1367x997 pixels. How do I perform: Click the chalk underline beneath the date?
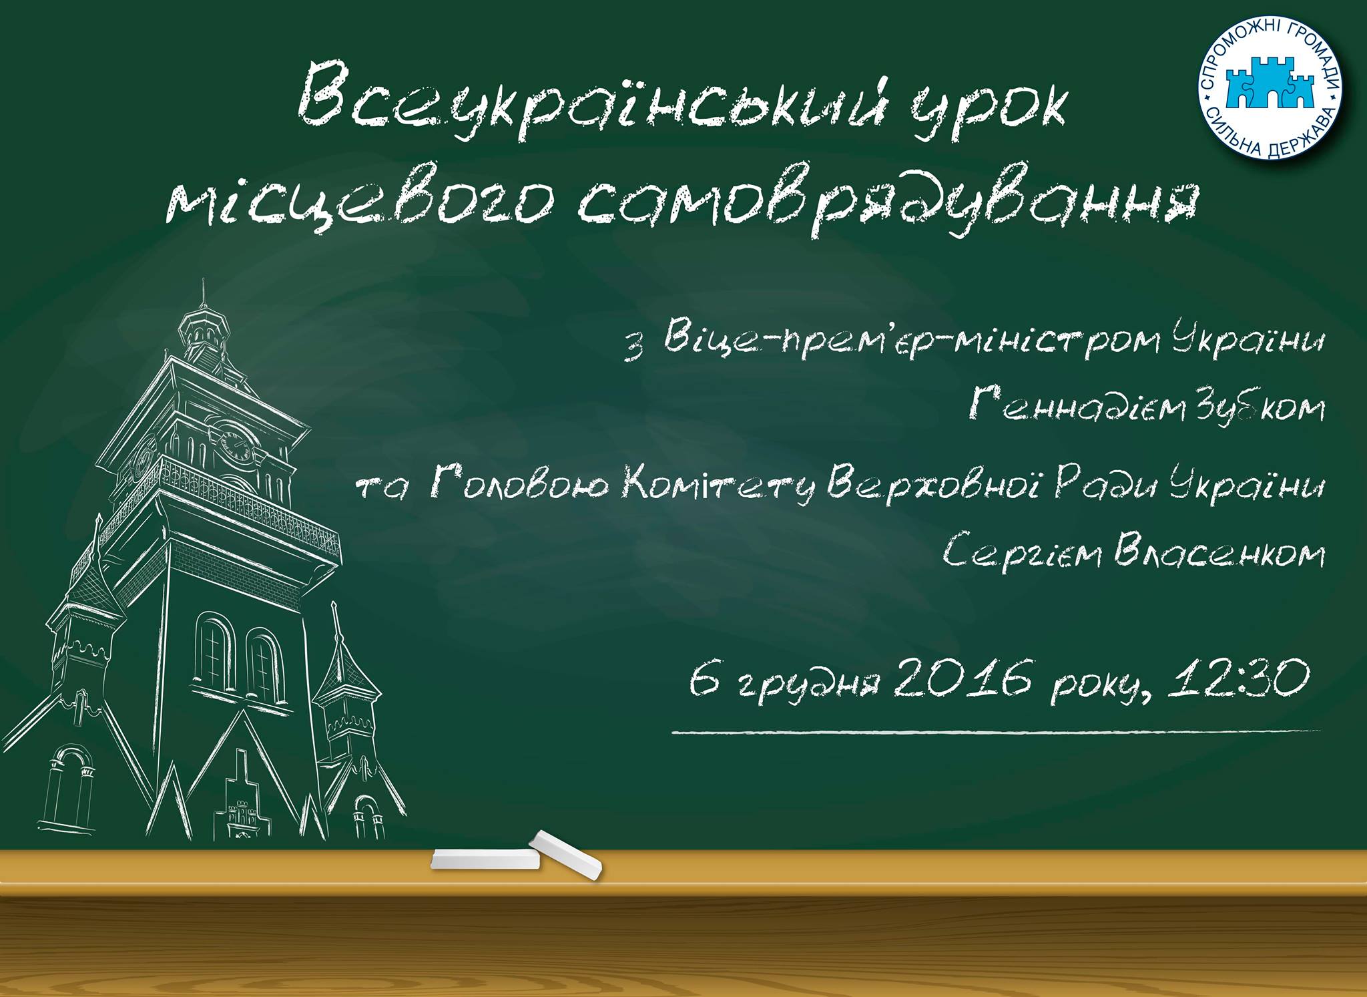pos(996,731)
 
